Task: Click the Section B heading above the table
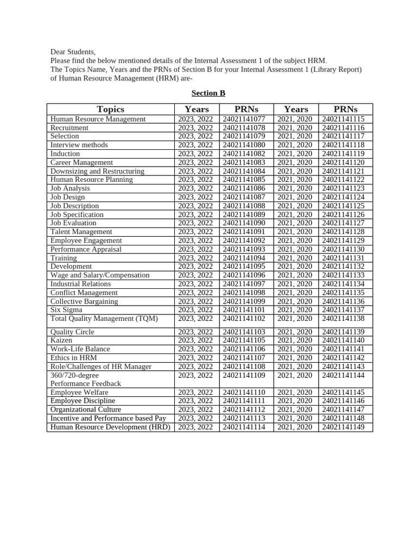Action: (200, 93)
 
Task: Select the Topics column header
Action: (110, 109)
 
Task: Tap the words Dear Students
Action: (73, 52)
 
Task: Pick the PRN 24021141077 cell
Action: (244, 119)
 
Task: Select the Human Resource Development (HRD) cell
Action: (110, 427)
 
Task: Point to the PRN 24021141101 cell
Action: (244, 310)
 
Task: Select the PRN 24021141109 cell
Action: (244, 375)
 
